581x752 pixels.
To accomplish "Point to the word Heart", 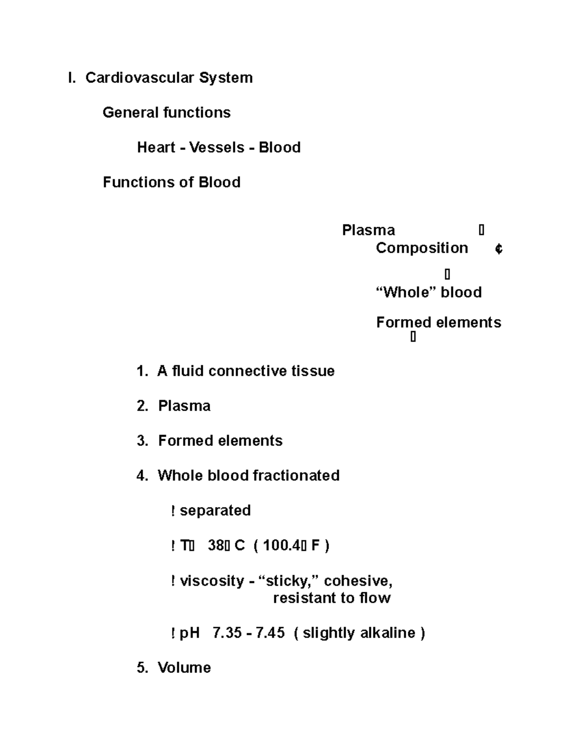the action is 156,148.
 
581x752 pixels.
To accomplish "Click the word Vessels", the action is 216,148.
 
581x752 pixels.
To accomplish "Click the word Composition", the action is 422,248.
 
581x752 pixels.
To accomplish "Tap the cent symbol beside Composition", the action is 499,249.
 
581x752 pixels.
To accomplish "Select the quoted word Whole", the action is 406,292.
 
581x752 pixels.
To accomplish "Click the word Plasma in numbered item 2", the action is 184,406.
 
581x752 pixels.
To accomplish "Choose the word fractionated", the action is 296,476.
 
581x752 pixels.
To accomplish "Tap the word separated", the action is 215,510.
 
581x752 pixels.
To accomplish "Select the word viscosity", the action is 212,581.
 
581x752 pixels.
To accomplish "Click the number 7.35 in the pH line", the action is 227,633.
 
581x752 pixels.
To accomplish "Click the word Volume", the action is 184,668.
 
